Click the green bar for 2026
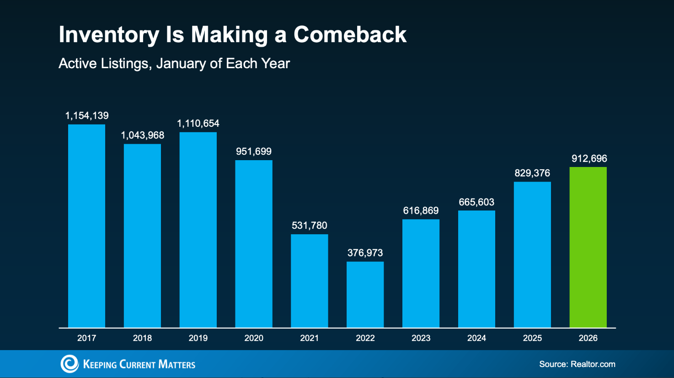pyautogui.click(x=588, y=247)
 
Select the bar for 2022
pyautogui.click(x=365, y=295)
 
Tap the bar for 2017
pyautogui.click(x=86, y=226)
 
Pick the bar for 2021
pyautogui.click(x=309, y=281)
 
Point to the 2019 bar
pyautogui.click(x=198, y=230)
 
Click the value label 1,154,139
pyautogui.click(x=87, y=116)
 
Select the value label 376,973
pyautogui.click(x=365, y=253)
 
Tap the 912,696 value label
pyautogui.click(x=589, y=159)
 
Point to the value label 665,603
pyautogui.click(x=476, y=202)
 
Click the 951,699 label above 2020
pyautogui.click(x=254, y=151)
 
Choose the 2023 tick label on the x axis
pyautogui.click(x=421, y=338)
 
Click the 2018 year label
pyautogui.click(x=142, y=338)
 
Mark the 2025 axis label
pyautogui.click(x=532, y=338)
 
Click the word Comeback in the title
pyautogui.click(x=350, y=35)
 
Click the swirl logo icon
pyautogui.click(x=70, y=364)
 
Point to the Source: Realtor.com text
pyautogui.click(x=577, y=364)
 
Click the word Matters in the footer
pyautogui.click(x=177, y=364)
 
